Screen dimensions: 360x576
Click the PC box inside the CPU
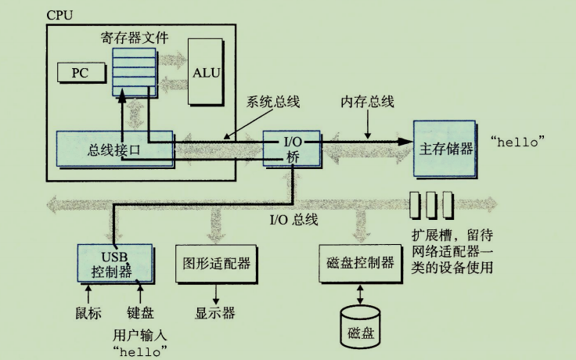[80, 72]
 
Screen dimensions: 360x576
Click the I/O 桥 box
[291, 148]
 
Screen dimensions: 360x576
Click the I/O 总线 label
[293, 220]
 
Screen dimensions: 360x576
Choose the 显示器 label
[214, 313]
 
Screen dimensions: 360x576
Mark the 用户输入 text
[141, 334]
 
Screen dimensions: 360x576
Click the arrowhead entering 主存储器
[404, 142]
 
